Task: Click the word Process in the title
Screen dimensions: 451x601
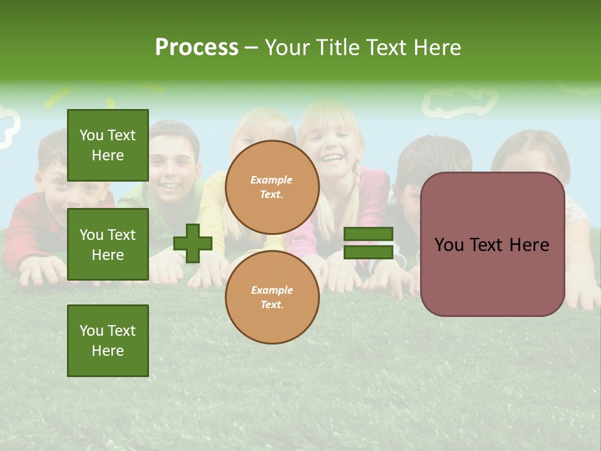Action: [x=197, y=47]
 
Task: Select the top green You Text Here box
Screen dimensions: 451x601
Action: [x=108, y=145]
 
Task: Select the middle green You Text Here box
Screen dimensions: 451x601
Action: [x=108, y=244]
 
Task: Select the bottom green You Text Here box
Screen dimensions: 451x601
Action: [x=108, y=340]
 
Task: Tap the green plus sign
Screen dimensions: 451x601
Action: [x=193, y=243]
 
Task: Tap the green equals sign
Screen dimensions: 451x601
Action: [x=368, y=243]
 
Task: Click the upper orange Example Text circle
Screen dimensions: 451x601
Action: [x=272, y=187]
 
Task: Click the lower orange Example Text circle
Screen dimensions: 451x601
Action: [x=272, y=298]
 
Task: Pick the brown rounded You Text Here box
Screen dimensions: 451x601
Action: [x=493, y=244]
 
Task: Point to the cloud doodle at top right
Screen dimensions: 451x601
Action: [x=460, y=101]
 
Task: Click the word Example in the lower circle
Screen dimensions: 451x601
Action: [x=272, y=290]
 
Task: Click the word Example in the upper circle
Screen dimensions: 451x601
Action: [x=272, y=180]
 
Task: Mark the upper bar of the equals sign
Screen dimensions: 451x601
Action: [x=368, y=234]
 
